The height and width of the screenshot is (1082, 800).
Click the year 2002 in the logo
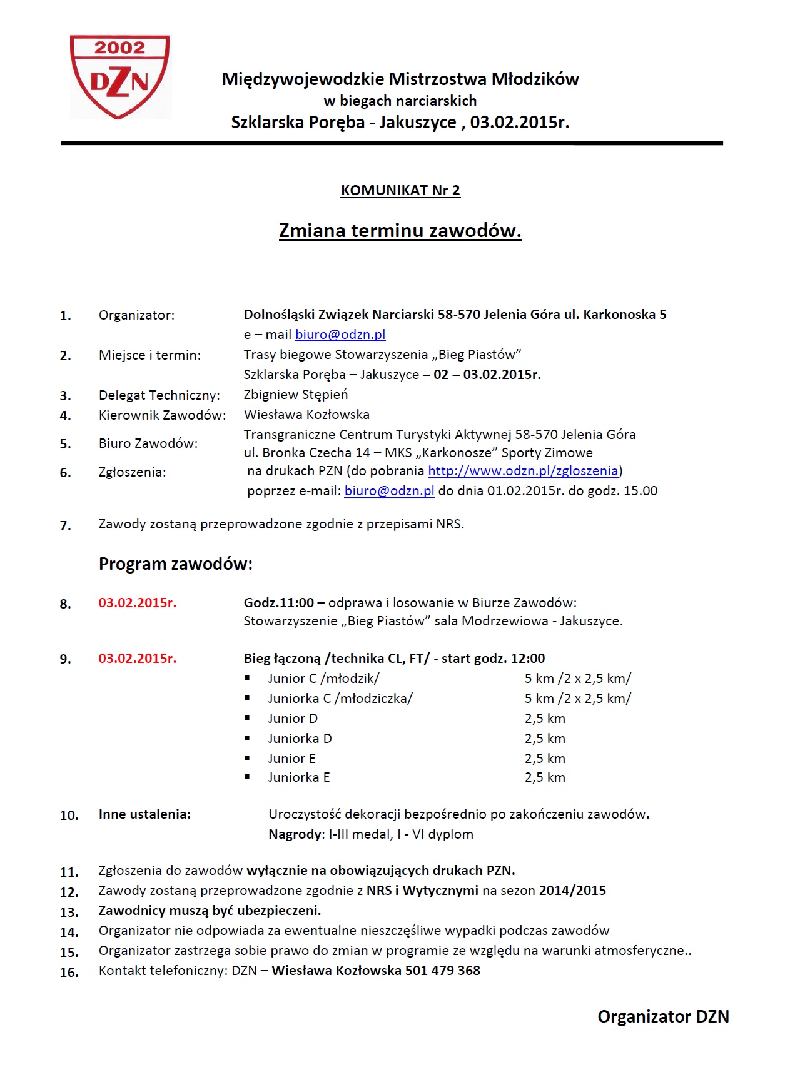click(x=119, y=48)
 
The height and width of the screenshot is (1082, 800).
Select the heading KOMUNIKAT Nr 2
click(x=400, y=190)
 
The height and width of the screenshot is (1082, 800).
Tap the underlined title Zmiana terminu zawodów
click(x=400, y=231)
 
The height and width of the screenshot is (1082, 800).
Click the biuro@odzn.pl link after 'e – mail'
click(x=340, y=335)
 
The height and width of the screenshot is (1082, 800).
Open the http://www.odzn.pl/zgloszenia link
click(x=523, y=471)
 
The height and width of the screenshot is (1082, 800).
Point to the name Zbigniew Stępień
click(x=296, y=395)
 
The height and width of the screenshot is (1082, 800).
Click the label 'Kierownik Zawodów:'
click(x=162, y=415)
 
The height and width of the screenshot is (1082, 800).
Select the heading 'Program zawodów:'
click(x=176, y=564)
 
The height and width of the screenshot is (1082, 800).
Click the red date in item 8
click(x=138, y=603)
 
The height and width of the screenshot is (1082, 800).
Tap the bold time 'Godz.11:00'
click(x=279, y=603)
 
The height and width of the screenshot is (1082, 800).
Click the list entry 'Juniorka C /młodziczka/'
click(x=340, y=699)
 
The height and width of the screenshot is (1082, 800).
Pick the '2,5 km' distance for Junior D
click(x=545, y=719)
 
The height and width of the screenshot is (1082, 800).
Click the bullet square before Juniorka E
click(x=248, y=777)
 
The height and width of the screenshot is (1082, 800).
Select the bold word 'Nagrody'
click(x=295, y=834)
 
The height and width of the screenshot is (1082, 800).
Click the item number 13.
click(x=69, y=912)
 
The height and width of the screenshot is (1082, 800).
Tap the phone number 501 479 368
click(x=443, y=971)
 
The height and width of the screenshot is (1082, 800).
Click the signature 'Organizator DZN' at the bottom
click(x=663, y=1017)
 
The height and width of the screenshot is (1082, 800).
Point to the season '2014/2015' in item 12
click(x=572, y=891)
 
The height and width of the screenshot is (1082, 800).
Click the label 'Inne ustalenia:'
click(x=144, y=814)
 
